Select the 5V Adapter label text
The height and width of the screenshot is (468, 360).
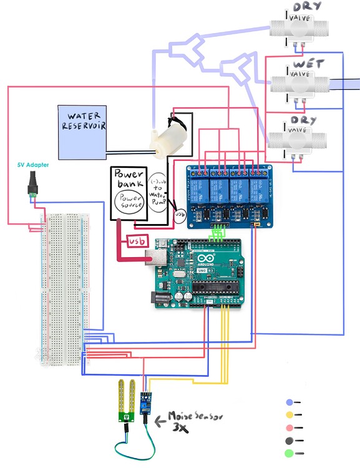coord(32,165)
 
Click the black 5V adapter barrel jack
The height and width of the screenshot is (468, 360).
coord(32,186)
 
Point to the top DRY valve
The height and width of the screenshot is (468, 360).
coord(299,28)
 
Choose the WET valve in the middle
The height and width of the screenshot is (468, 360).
coord(298,84)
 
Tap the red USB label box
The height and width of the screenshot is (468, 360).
coord(137,241)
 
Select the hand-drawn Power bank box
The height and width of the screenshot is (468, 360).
coord(129,193)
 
